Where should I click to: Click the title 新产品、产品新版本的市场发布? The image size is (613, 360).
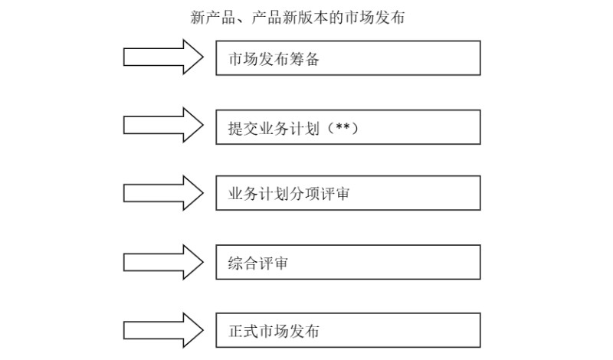coord(297,17)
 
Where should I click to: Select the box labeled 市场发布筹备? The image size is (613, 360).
coord(348,58)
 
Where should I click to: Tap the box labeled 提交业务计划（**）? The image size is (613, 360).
coord(348,127)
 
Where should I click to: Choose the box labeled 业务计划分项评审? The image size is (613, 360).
coord(348,193)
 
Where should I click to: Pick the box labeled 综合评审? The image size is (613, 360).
coord(348,262)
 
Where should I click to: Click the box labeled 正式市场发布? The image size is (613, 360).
coord(348,331)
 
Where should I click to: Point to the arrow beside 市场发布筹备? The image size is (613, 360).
coord(163,58)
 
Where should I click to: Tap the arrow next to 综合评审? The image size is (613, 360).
coord(163,262)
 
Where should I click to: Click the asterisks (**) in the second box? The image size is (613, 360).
coord(343,127)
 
